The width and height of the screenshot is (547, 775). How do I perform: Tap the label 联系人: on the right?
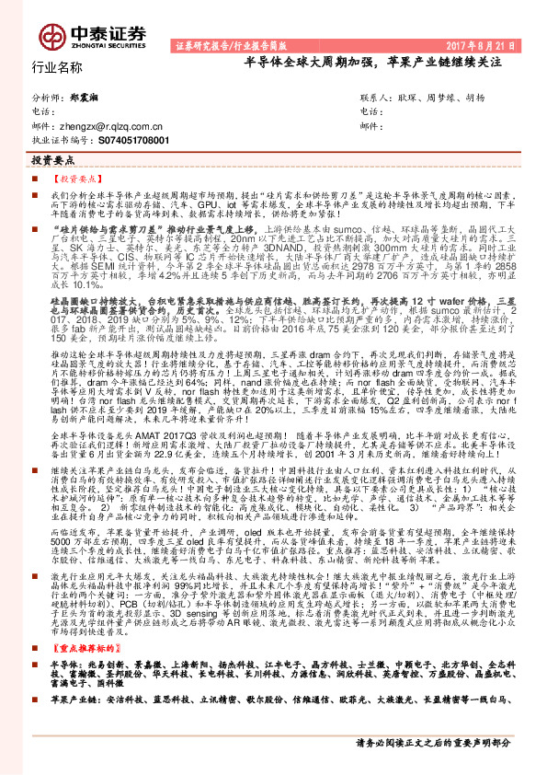376,97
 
